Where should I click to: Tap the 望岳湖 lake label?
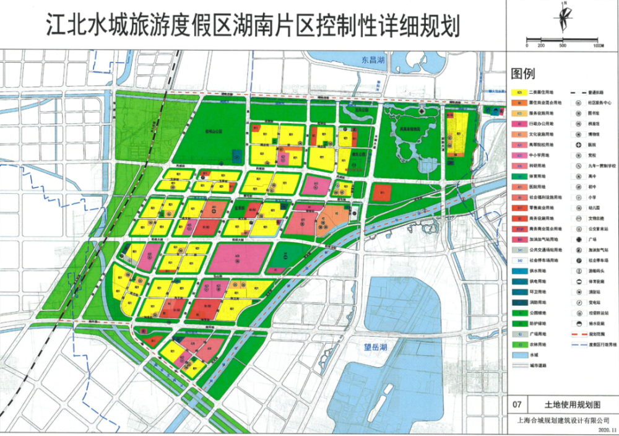point(372,347)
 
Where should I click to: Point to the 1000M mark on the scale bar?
point(597,45)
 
